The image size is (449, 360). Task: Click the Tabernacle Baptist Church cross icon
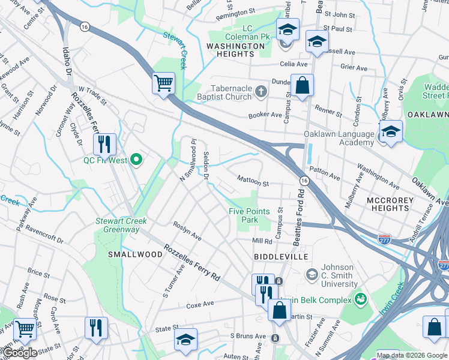click(260, 91)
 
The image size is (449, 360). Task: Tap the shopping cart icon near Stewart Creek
click(163, 83)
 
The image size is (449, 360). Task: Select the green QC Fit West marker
click(136, 160)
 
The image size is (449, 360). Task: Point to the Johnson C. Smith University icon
click(312, 274)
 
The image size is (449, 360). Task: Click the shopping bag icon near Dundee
click(302, 85)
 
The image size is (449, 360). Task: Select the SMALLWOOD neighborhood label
click(135, 254)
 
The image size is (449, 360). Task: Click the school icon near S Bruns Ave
click(186, 340)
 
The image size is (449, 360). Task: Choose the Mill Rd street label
click(262, 241)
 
